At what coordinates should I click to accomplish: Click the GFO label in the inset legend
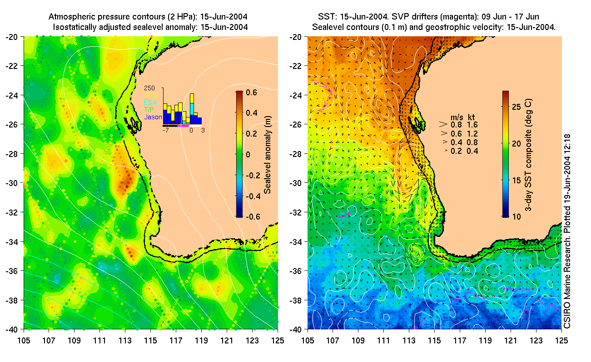(151, 95)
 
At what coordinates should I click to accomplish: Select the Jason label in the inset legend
(153, 117)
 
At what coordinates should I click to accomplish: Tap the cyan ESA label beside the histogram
(150, 103)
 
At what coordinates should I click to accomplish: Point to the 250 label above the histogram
(150, 88)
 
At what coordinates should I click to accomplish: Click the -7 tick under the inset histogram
(166, 130)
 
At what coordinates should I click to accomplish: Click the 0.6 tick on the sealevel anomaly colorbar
(252, 92)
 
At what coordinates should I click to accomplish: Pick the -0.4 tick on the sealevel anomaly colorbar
(250, 196)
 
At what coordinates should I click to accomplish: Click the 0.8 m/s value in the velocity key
(455, 124)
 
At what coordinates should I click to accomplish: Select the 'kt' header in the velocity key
(472, 117)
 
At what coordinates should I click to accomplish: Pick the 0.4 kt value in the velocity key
(472, 151)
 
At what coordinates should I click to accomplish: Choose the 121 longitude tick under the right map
(511, 339)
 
